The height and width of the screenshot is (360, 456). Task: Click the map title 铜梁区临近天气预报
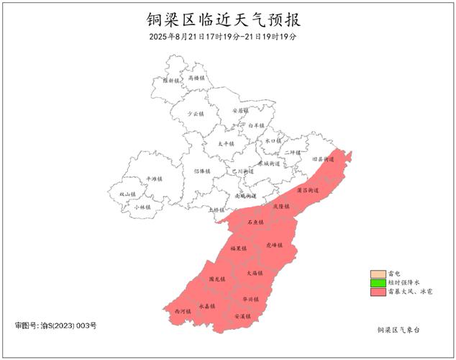pos(229,17)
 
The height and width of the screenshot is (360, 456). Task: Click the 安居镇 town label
pos(240,111)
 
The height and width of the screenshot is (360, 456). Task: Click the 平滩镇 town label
pos(154,179)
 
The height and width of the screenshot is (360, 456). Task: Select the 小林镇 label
pos(142,207)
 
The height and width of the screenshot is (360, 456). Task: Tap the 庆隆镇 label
pos(280,206)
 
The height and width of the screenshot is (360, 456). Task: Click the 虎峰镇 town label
pos(274,245)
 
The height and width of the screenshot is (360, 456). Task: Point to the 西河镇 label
pos(183,311)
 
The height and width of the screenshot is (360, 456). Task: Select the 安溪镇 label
pos(242,316)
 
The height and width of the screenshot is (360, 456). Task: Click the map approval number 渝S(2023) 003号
pos(55,326)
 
